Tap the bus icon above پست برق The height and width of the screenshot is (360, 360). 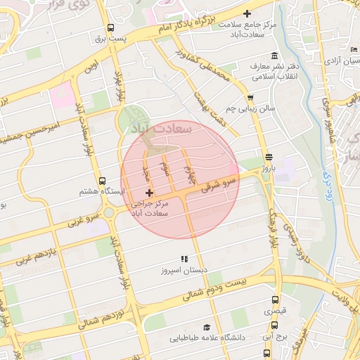coord(110,28)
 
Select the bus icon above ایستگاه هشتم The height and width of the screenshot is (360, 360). coord(103,181)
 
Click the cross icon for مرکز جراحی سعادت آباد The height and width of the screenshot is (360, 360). coord(149,193)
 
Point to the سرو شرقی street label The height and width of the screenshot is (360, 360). coord(219,184)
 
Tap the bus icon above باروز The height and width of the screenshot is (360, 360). coord(269,157)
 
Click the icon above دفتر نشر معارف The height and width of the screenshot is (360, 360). coord(274,56)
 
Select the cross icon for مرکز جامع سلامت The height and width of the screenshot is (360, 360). coord(246,13)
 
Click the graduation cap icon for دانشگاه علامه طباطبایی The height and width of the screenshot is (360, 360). coord(207,327)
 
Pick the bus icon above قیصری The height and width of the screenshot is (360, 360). coord(274,298)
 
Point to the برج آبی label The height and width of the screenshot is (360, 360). coord(273,337)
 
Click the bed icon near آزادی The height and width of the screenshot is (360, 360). coord(351,50)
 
